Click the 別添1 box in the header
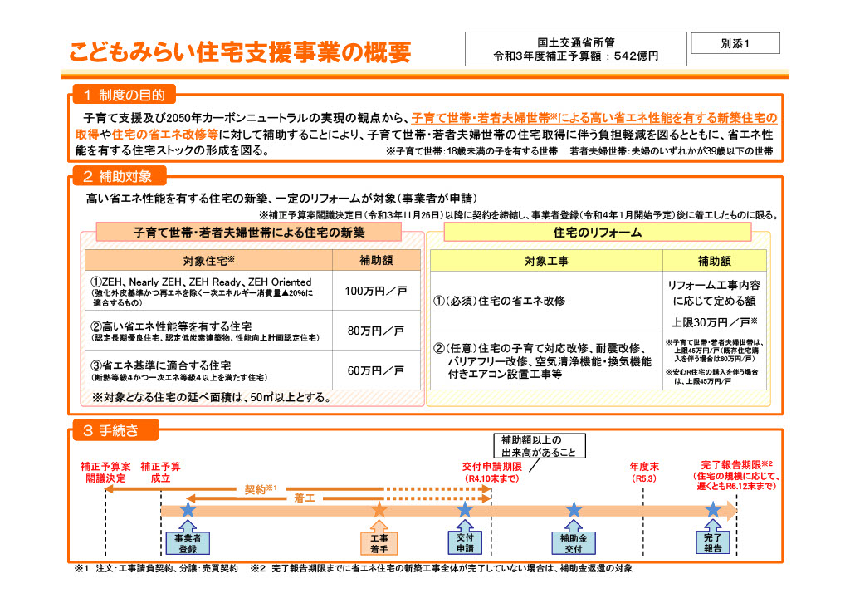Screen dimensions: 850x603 [735, 43]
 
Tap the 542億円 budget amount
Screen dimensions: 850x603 [635, 56]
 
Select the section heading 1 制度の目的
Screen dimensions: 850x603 [125, 95]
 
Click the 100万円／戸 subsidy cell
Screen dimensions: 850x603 [376, 291]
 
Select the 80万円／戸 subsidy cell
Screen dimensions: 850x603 [376, 331]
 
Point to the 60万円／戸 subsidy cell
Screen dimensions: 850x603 [376, 370]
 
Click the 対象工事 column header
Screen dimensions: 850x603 [546, 261]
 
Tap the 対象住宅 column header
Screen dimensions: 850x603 [208, 260]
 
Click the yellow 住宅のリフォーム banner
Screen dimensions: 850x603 [598, 232]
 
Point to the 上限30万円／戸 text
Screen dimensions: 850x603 [715, 322]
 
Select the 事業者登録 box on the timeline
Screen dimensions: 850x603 [188, 543]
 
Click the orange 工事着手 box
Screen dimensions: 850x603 [379, 543]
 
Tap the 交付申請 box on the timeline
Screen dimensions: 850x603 [465, 543]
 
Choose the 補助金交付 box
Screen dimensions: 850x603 [574, 543]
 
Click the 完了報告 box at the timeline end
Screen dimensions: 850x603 [713, 543]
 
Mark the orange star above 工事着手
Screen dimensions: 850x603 [379, 509]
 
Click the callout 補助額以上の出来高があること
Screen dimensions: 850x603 [540, 446]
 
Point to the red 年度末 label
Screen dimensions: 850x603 [644, 466]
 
